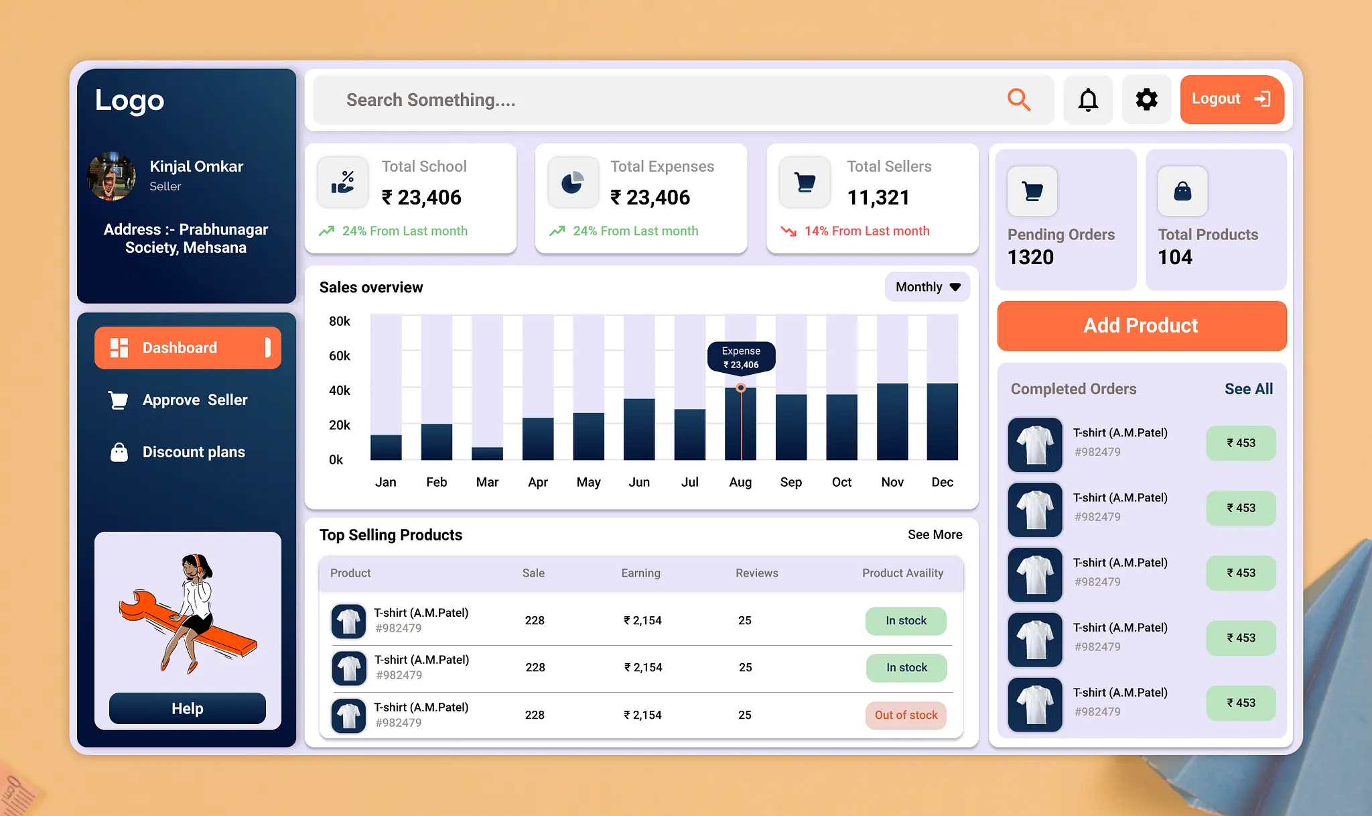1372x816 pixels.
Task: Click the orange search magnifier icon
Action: click(1018, 100)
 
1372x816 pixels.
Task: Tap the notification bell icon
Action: click(1088, 100)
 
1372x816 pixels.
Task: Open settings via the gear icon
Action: click(1146, 100)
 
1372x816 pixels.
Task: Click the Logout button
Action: click(1231, 99)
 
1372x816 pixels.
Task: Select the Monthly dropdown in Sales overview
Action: click(927, 287)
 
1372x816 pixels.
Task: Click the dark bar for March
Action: click(487, 453)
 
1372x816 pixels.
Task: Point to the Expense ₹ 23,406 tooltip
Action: click(741, 357)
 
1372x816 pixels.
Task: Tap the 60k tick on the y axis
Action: click(339, 356)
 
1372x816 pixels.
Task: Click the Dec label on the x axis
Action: click(942, 482)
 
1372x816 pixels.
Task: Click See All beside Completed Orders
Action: click(1248, 389)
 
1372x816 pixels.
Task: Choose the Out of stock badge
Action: click(906, 715)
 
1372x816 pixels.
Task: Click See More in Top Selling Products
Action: click(935, 534)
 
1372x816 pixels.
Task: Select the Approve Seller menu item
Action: click(194, 400)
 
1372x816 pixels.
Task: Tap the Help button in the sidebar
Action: click(187, 709)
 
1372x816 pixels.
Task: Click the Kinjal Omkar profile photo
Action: click(111, 176)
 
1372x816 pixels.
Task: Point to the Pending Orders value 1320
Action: click(1030, 257)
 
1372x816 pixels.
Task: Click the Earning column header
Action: click(640, 573)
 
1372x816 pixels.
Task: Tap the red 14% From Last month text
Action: click(866, 231)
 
